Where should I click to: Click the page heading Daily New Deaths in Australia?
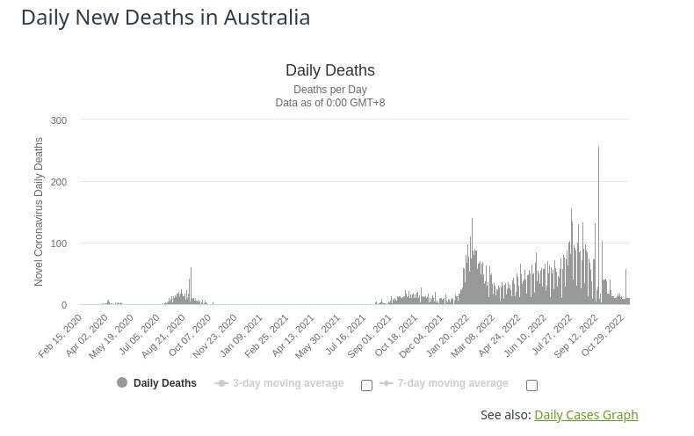pos(165,18)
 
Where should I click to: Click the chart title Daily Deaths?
pos(330,70)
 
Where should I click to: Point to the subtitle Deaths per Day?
pos(330,90)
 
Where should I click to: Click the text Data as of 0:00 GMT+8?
pos(330,103)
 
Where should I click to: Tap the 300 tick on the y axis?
pos(59,120)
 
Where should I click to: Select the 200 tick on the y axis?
pos(59,182)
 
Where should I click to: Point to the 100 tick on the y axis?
pos(59,243)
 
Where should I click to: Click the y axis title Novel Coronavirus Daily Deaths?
pos(39,211)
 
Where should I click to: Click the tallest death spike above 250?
pos(599,149)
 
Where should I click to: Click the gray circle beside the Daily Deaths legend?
pos(122,382)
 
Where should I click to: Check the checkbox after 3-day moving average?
pos(367,384)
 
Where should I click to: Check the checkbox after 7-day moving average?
pos(531,384)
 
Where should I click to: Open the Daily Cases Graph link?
pos(586,415)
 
